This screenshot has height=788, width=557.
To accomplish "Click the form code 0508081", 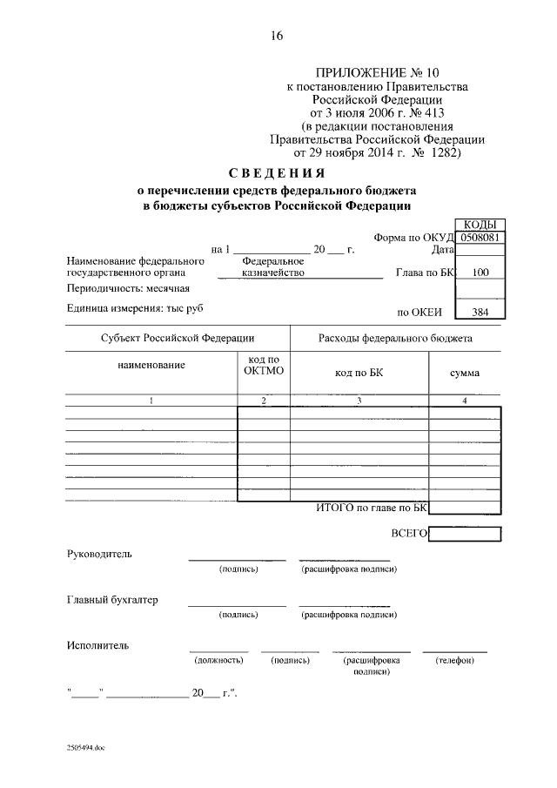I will pyautogui.click(x=480, y=236).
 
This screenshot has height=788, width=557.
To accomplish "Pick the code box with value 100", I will pyautogui.click(x=480, y=273).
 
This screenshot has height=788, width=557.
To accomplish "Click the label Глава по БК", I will pyautogui.click(x=425, y=273).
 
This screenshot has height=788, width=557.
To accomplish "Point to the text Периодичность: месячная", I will pyautogui.click(x=127, y=288).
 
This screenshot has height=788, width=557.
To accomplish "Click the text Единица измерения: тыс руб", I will pyautogui.click(x=138, y=307).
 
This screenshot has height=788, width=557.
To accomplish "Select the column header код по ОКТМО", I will pyautogui.click(x=263, y=366).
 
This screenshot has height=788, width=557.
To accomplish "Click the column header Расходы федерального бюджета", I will pyautogui.click(x=395, y=338).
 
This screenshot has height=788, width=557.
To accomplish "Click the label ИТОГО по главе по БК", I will pyautogui.click(x=372, y=507).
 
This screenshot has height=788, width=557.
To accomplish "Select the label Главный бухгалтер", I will pyautogui.click(x=112, y=600).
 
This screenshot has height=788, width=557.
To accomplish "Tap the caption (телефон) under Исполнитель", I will pyautogui.click(x=454, y=661).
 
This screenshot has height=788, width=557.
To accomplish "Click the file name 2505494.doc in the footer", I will pyautogui.click(x=85, y=748).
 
